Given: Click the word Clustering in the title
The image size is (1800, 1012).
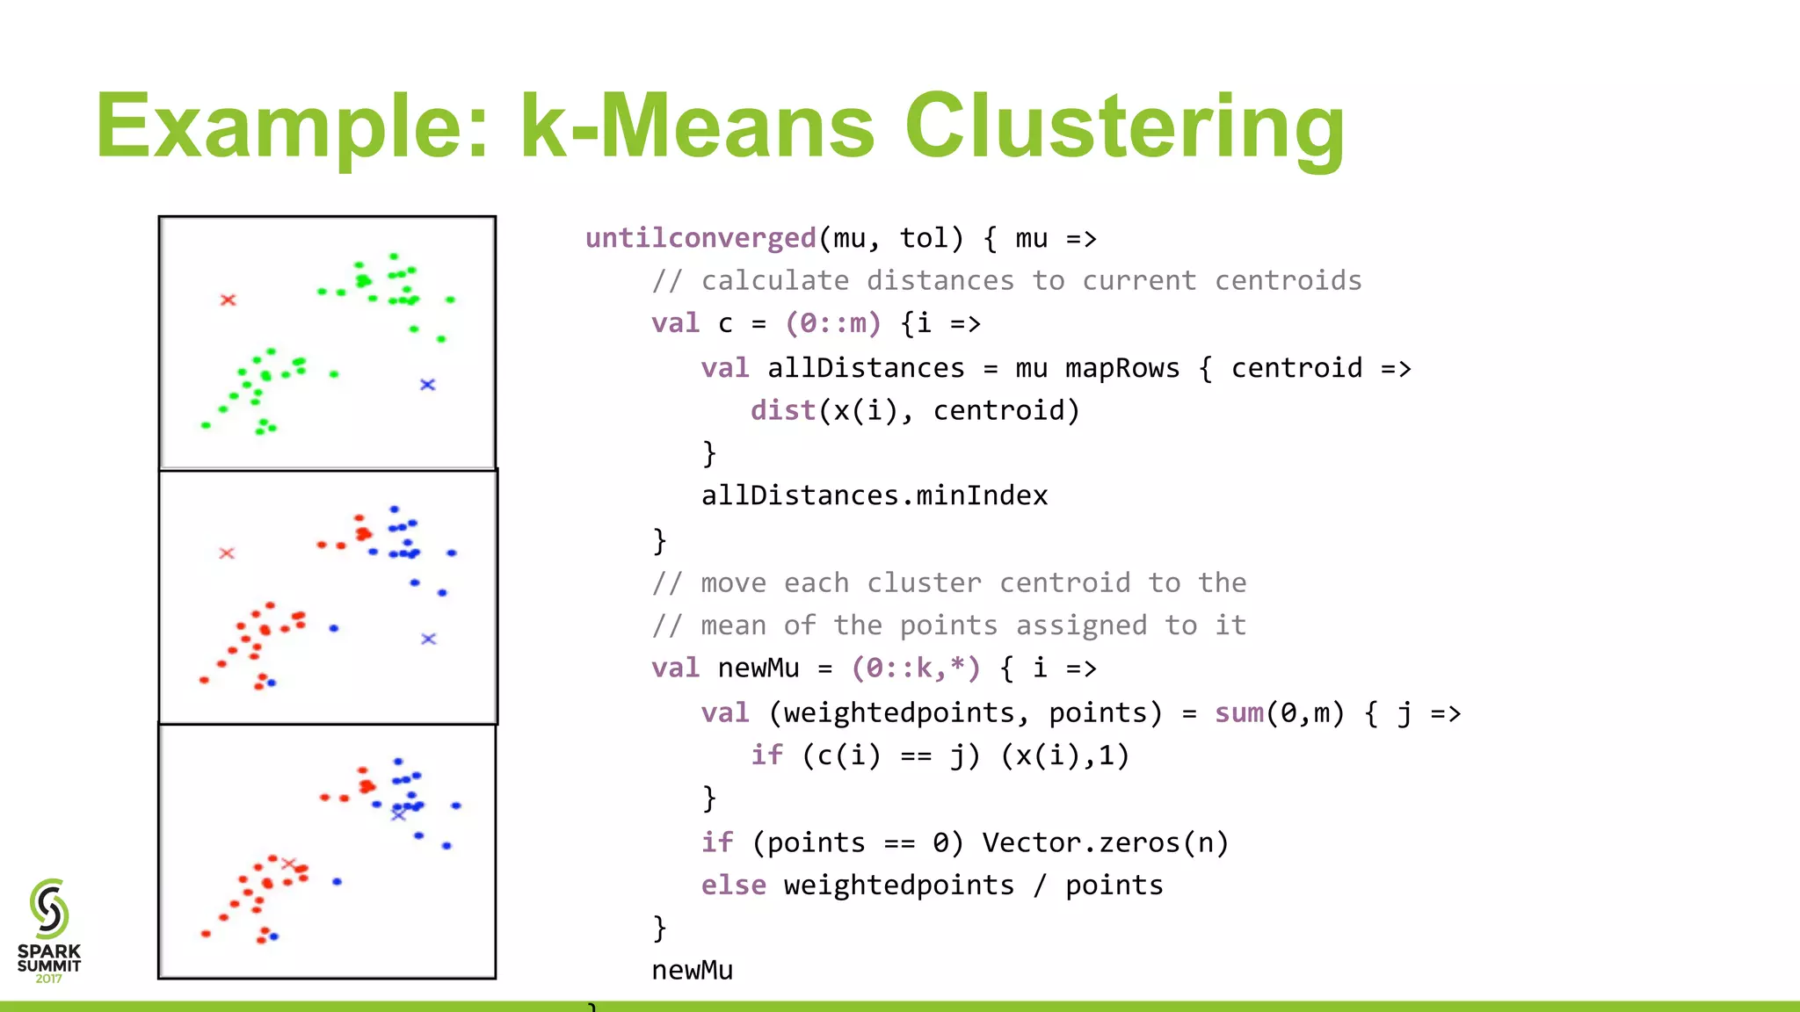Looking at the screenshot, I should (1124, 127).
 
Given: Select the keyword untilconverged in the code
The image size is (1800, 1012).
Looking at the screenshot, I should (700, 238).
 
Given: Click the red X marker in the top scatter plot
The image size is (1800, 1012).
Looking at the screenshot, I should (228, 300).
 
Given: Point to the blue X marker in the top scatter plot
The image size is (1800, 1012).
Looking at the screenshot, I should (427, 385).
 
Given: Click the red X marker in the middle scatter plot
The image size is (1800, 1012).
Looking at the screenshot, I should (227, 553).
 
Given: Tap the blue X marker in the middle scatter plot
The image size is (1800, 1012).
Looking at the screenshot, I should (428, 639).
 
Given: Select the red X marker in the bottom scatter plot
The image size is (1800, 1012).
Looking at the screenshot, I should (288, 864).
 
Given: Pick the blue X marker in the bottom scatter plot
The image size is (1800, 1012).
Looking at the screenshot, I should (398, 815).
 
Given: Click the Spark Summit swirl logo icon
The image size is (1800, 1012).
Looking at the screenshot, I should (49, 908).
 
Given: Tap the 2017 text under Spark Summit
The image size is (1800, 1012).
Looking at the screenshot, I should (49, 979).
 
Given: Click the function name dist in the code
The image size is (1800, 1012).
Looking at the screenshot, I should (782, 410).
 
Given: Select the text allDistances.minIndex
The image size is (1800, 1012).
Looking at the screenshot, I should (874, 495).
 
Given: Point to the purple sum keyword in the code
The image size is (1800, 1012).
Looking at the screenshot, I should (1239, 712).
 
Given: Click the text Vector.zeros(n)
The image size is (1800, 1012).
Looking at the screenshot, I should (1105, 842).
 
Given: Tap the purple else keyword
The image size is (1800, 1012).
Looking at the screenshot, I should (733, 885).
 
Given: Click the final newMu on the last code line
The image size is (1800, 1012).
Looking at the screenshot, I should (692, 970).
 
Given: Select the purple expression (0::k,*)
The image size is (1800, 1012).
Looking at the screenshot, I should (915, 668).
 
